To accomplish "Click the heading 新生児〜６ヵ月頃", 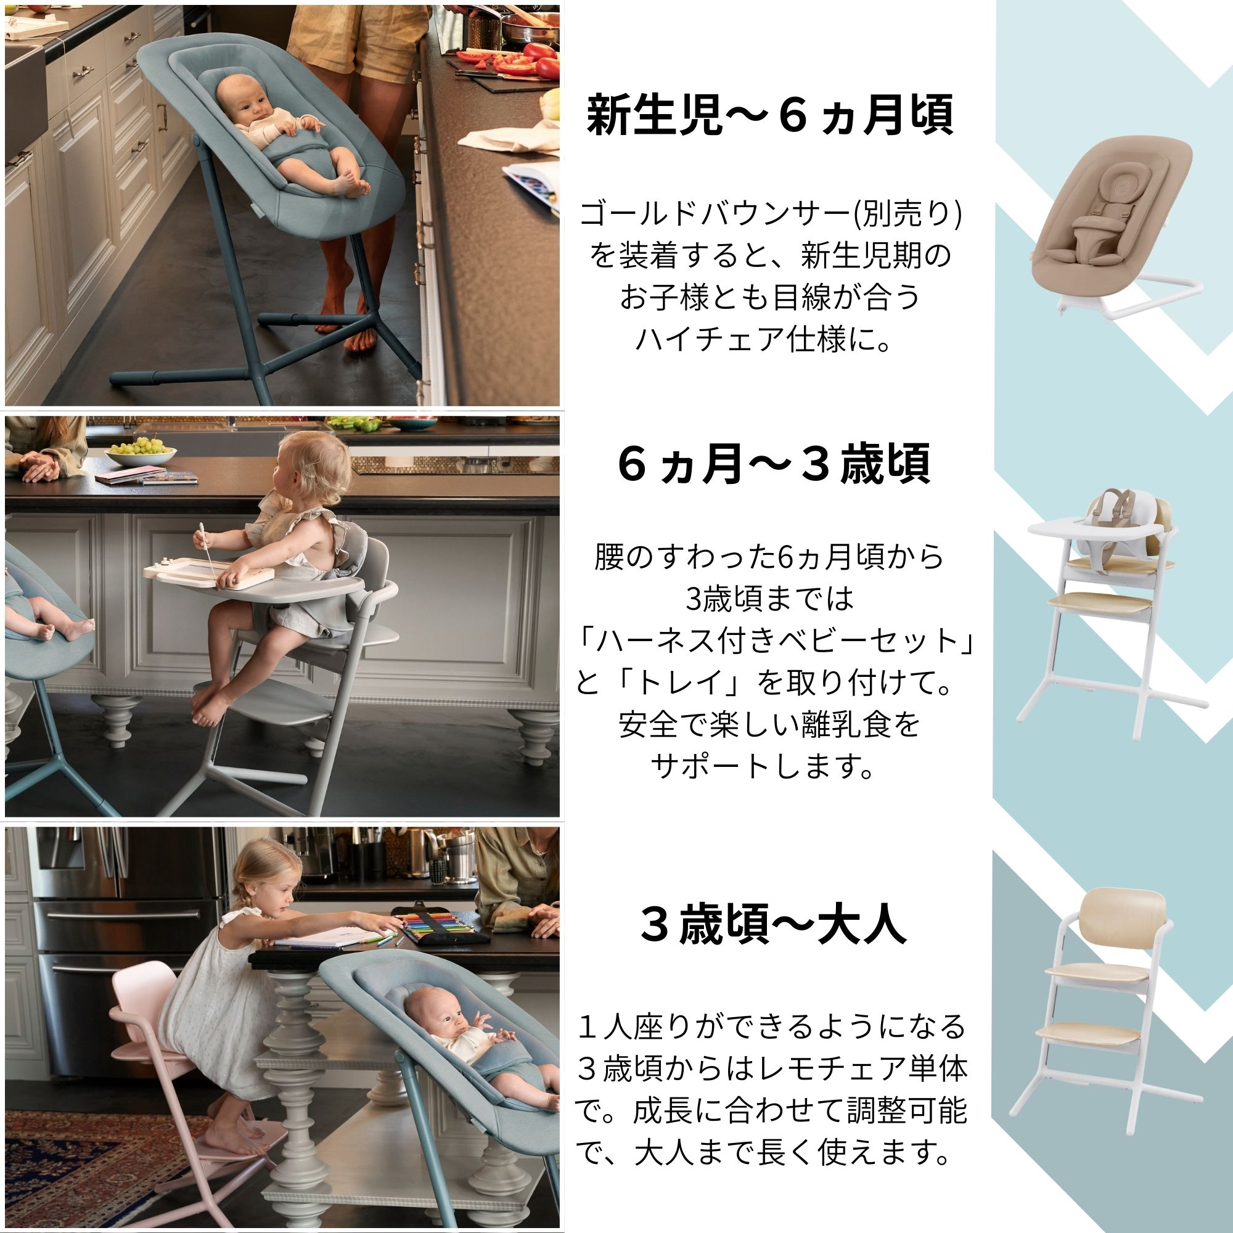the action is tap(770, 115).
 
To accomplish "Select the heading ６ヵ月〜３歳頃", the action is tap(774, 465).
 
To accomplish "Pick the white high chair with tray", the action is tap(1110, 613).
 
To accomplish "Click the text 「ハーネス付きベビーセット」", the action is tap(774, 641).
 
